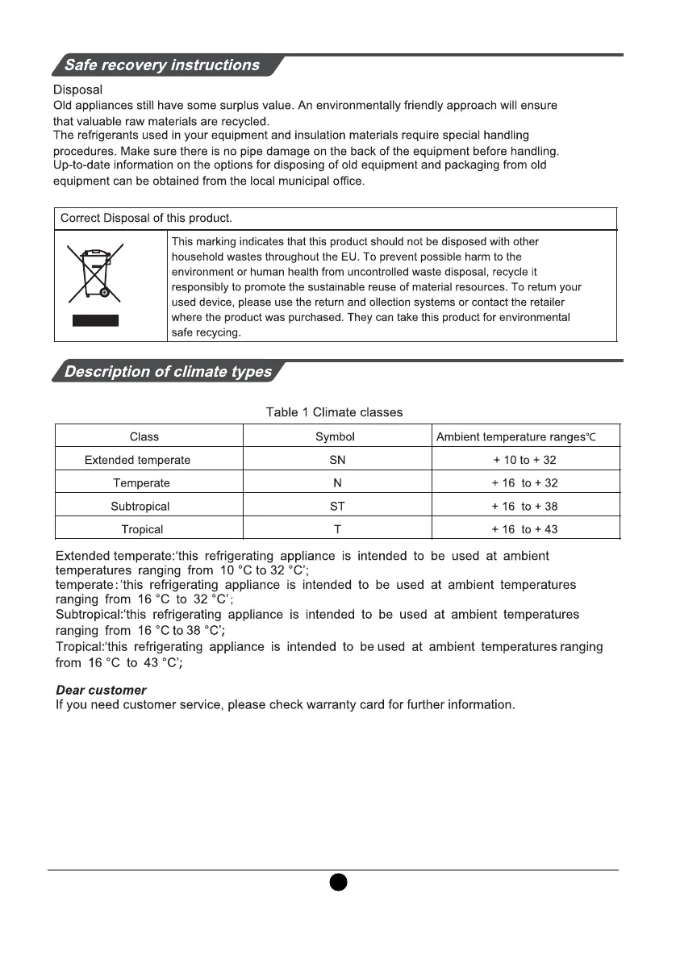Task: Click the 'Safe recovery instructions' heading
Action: coord(162,65)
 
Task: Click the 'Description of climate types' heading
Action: coord(168,372)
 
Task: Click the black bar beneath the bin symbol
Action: coord(95,320)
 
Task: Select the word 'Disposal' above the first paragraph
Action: coord(77,90)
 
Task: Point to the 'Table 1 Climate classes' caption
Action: coord(334,412)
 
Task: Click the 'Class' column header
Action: coord(144,436)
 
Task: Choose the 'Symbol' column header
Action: coord(335,436)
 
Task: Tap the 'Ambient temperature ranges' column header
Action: coord(515,436)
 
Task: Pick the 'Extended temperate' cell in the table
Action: coord(138,460)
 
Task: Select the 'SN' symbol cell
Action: coord(337,460)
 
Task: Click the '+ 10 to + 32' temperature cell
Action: coord(524,460)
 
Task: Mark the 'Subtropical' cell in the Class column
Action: coord(140,507)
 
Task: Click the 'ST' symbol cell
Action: coord(337,507)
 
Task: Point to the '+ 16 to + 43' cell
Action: coord(524,529)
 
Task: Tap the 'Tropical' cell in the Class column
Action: coord(142,529)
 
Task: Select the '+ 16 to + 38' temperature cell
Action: coord(524,507)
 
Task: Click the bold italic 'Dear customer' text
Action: coord(101,691)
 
